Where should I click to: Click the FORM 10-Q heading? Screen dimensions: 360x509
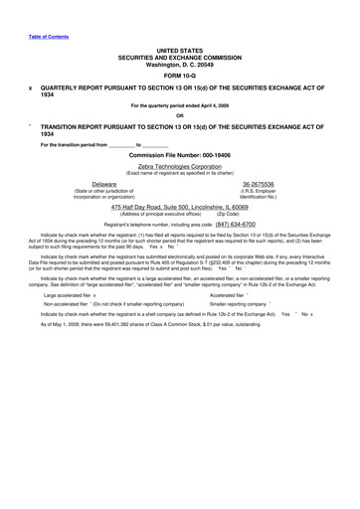179,75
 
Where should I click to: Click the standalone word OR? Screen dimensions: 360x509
179,115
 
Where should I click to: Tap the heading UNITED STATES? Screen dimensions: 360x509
179,49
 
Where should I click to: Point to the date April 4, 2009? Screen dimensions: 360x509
213,105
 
